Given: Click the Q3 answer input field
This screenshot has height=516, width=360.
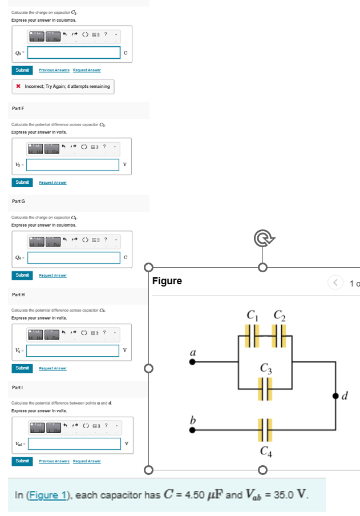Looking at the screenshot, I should pyautogui.click(x=72, y=53).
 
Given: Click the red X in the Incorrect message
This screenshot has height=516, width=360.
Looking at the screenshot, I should pyautogui.click(x=18, y=87).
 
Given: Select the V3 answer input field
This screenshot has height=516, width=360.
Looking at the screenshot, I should pyautogui.click(x=72, y=165).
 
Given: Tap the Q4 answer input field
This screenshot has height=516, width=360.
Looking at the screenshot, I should pyautogui.click(x=72, y=258).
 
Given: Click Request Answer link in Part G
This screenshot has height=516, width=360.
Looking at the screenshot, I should pyautogui.click(x=52, y=275).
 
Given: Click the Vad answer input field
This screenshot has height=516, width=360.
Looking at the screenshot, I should pyautogui.click(x=72, y=444).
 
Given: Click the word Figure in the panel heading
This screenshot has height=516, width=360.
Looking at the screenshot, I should pyautogui.click(x=167, y=281).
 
